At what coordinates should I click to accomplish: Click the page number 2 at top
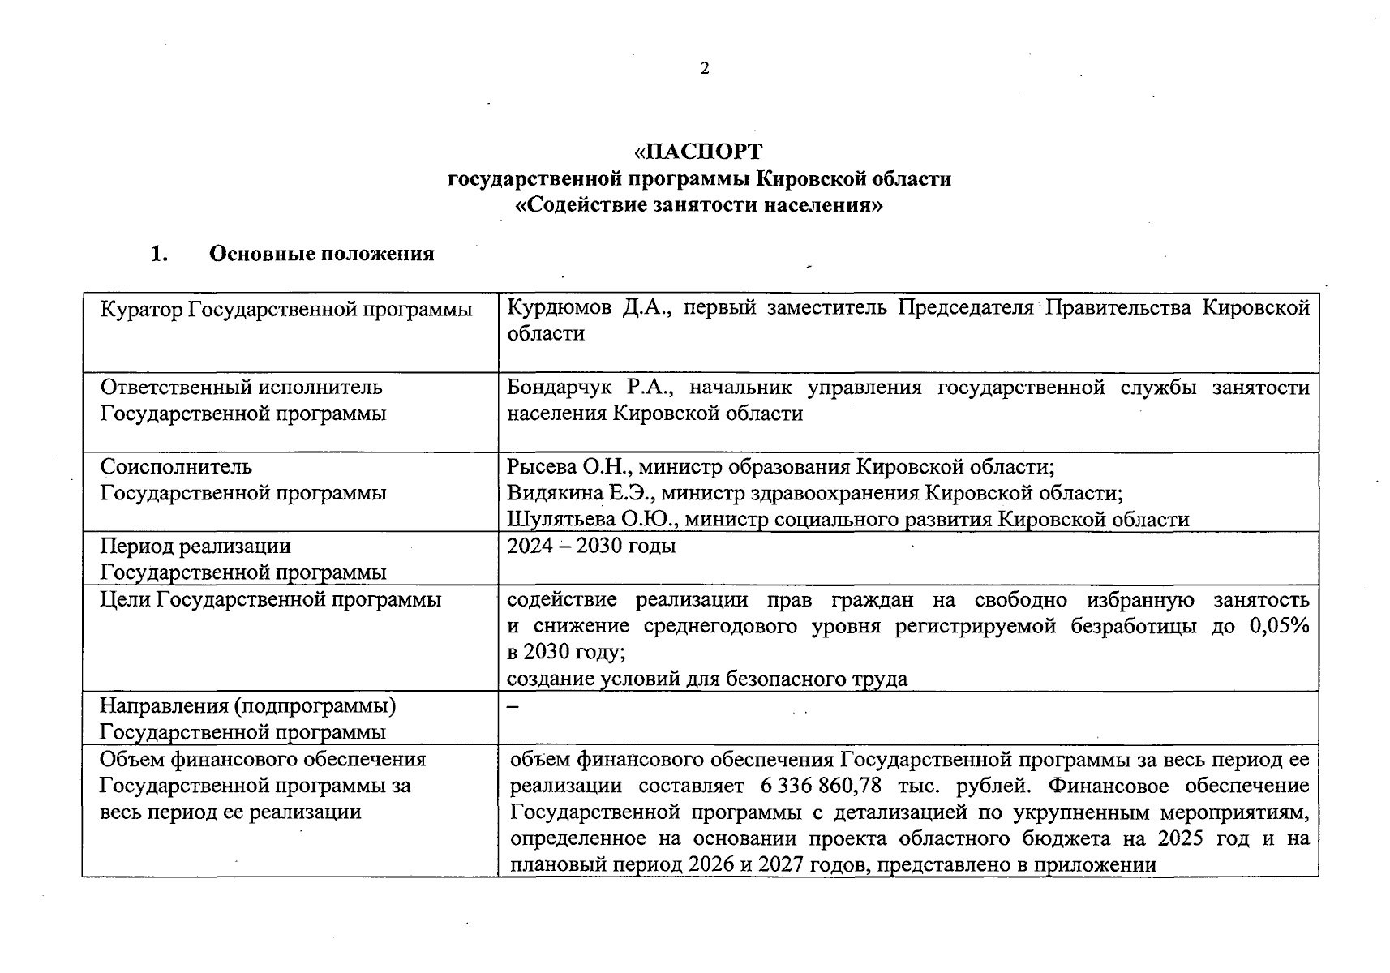(704, 69)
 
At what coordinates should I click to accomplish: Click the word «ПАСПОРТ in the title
(698, 152)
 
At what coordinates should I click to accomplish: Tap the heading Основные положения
(321, 254)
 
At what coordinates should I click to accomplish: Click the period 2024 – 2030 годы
(591, 546)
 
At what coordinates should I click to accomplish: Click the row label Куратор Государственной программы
(285, 309)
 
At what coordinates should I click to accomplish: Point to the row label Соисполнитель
(176, 466)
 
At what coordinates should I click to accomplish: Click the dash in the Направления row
(513, 705)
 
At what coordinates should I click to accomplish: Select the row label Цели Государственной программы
(270, 599)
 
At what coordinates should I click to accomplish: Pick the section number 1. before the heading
(159, 254)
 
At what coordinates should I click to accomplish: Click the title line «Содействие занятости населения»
(699, 205)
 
